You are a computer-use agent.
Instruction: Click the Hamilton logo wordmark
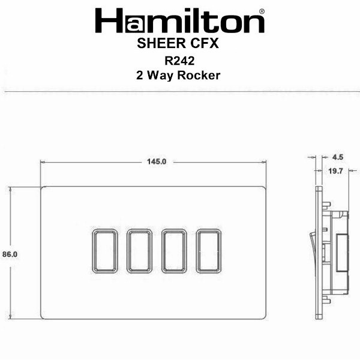179,20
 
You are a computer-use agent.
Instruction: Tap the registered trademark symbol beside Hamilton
262,11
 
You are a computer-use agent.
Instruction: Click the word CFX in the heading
205,43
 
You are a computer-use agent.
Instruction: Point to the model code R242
179,61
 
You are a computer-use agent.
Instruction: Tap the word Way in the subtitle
160,76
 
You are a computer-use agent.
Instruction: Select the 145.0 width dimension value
157,161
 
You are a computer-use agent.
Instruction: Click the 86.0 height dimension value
10,254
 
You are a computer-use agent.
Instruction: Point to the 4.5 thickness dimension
338,157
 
